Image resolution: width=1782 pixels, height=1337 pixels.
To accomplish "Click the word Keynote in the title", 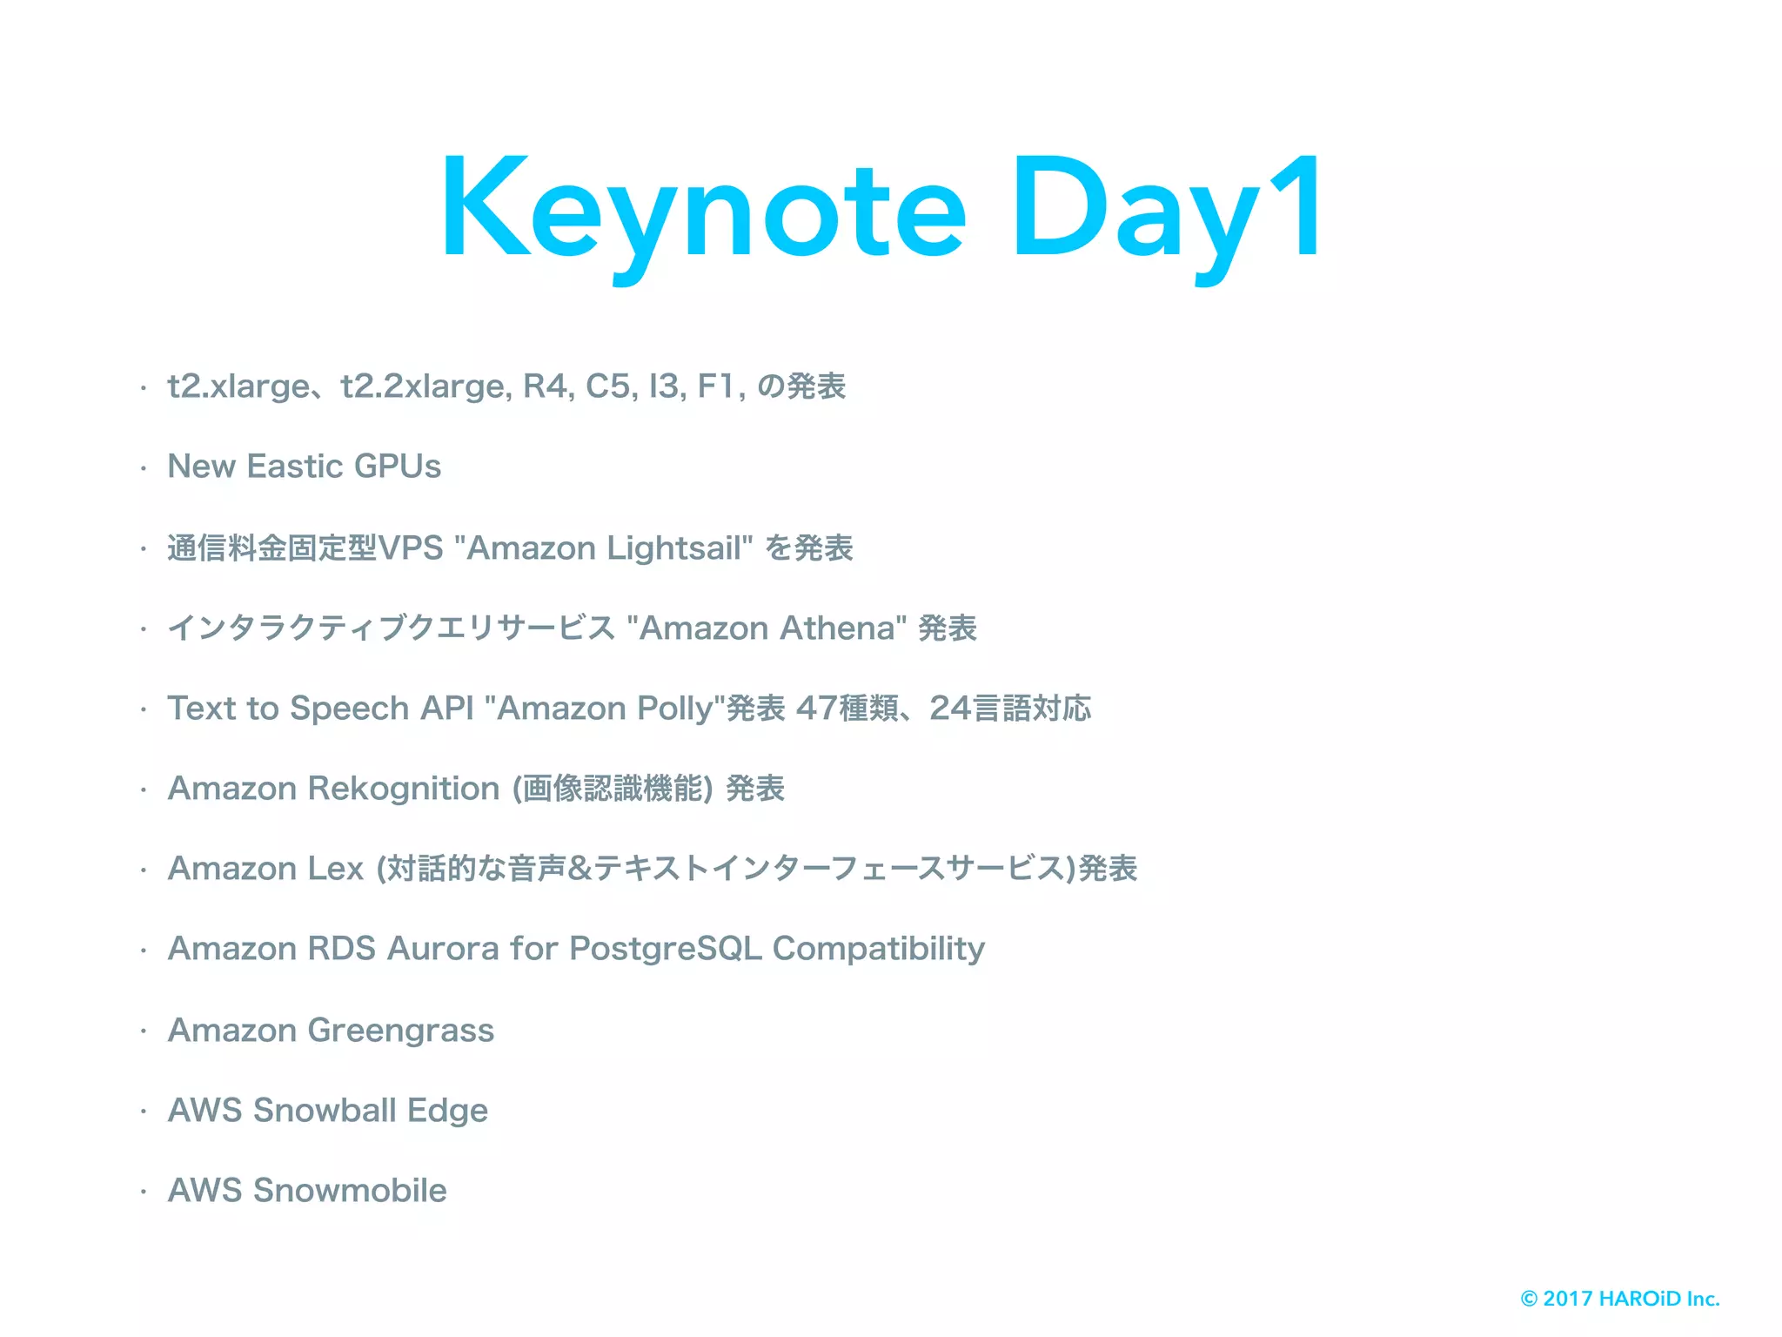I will pyautogui.click(x=703, y=209).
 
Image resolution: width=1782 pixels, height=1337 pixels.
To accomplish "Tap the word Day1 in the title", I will pyautogui.click(x=1166, y=209).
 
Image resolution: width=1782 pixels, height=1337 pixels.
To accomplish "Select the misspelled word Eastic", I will pyautogui.click(x=295, y=467).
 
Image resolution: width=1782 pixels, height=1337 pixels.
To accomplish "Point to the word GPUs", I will pyautogui.click(x=398, y=467).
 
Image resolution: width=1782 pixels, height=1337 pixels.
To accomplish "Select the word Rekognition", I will pyautogui.click(x=404, y=789).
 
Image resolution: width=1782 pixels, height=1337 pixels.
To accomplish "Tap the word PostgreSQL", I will pyautogui.click(x=666, y=949).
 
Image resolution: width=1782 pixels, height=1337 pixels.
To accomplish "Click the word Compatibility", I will pyautogui.click(x=879, y=949).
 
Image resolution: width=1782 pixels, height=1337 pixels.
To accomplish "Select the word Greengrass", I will pyautogui.click(x=401, y=1031).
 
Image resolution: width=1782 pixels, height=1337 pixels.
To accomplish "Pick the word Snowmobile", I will pyautogui.click(x=350, y=1191).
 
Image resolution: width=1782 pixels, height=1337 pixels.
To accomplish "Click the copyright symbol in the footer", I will pyautogui.click(x=1529, y=1299).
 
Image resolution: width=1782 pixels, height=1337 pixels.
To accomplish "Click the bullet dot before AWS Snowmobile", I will pyautogui.click(x=144, y=1192).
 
